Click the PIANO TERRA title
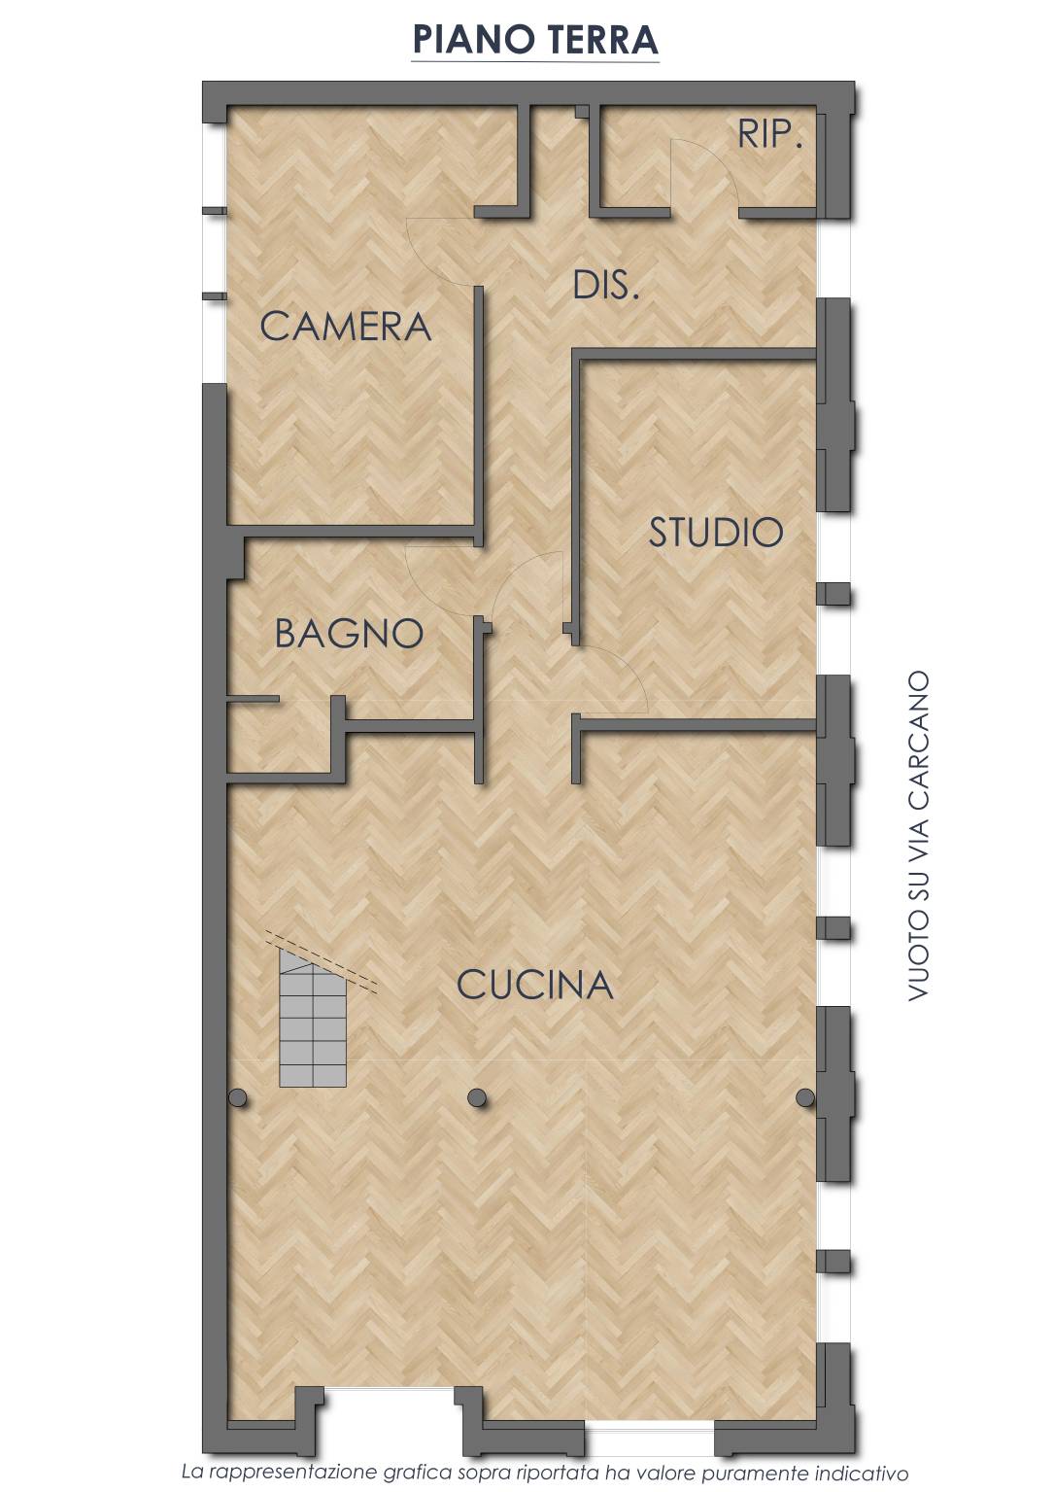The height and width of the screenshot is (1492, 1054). pyautogui.click(x=535, y=39)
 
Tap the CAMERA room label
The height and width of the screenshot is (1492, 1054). pyautogui.click(x=345, y=327)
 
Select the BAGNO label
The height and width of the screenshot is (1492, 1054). pyautogui.click(x=349, y=633)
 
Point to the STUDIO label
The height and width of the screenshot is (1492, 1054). pyautogui.click(x=715, y=532)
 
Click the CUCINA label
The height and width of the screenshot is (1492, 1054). pyautogui.click(x=534, y=985)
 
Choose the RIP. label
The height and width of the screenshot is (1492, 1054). pyautogui.click(x=769, y=134)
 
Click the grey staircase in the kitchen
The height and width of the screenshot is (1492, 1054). pyautogui.click(x=312, y=1019)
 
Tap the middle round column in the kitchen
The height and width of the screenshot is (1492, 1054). pyautogui.click(x=477, y=1097)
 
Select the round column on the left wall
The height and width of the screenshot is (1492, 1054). pyautogui.click(x=237, y=1097)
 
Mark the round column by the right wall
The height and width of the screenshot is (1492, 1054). pyautogui.click(x=805, y=1097)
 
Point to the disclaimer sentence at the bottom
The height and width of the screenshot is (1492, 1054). pyautogui.click(x=545, y=1473)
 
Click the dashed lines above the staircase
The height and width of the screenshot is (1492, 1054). pyautogui.click(x=322, y=961)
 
